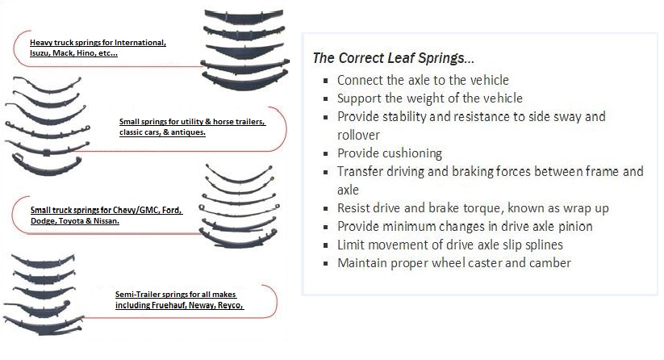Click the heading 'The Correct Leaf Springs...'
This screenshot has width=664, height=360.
click(x=394, y=58)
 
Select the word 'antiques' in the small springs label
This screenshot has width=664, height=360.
click(x=188, y=132)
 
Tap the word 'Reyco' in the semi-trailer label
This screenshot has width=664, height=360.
click(x=231, y=305)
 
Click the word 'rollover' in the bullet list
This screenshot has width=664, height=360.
click(x=358, y=135)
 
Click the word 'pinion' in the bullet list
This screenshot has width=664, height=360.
click(x=575, y=227)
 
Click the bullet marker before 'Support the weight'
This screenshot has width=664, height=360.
click(x=326, y=98)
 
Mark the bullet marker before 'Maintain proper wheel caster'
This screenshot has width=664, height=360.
click(x=326, y=263)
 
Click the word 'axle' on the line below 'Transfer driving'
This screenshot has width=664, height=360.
click(x=348, y=190)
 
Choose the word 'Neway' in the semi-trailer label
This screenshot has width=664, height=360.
click(x=203, y=305)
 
